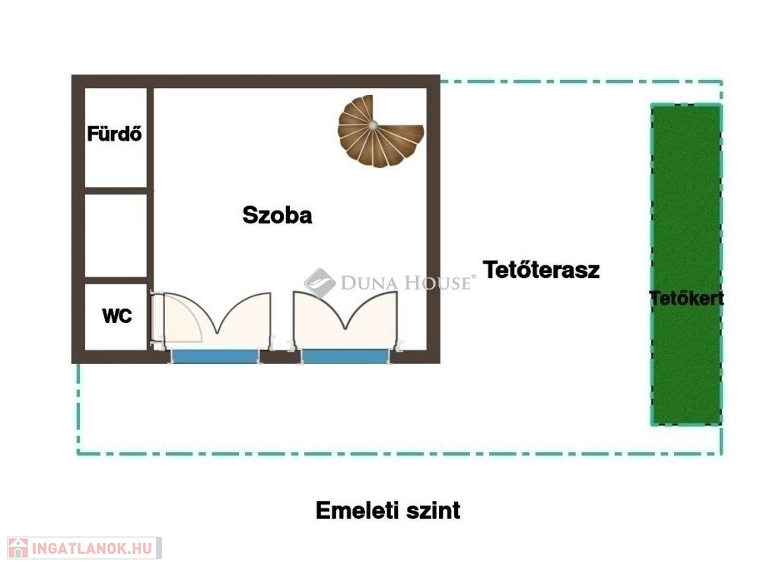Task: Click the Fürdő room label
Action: point(114,134)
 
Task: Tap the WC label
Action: point(116,315)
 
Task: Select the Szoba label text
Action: point(277,215)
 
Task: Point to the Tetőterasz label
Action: point(541,270)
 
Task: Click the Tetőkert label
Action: point(687,299)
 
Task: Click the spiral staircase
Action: point(380,131)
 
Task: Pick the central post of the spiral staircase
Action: point(373,125)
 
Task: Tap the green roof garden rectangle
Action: point(686,264)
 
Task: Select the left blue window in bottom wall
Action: point(215,356)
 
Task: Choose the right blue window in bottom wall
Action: point(345,356)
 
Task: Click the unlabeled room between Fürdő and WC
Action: point(116,236)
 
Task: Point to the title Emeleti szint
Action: point(388,511)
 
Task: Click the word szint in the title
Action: point(433,511)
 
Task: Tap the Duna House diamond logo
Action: point(320,283)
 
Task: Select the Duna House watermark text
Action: point(405,283)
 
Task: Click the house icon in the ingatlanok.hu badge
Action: point(18,548)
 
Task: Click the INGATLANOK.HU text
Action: point(92,549)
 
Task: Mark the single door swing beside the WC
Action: point(177,318)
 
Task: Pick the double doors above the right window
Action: point(346,320)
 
